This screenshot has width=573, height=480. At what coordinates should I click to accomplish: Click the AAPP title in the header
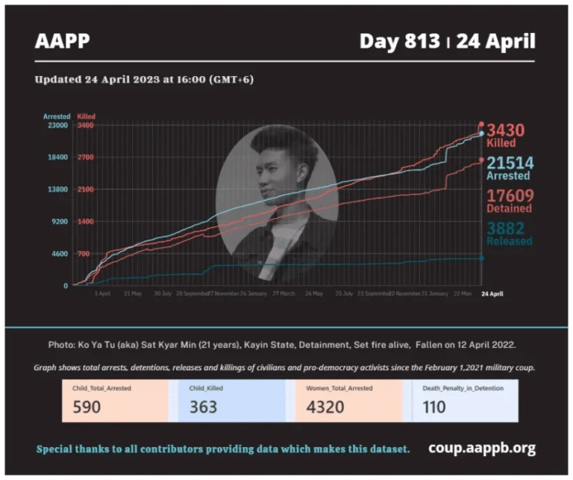(62, 41)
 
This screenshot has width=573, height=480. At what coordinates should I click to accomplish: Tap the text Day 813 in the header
(399, 41)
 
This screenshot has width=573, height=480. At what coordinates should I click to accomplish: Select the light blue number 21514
(510, 163)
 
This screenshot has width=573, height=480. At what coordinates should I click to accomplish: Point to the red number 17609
(510, 196)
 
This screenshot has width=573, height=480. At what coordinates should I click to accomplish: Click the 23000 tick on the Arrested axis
(58, 125)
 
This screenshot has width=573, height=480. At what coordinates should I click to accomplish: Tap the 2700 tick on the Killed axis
(85, 158)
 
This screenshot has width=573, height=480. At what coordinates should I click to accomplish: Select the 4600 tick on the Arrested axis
(60, 254)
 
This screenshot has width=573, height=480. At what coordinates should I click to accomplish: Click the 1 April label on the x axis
(102, 293)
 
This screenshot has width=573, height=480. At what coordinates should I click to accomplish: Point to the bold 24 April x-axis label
(492, 293)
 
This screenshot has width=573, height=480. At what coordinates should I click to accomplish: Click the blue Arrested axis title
(57, 116)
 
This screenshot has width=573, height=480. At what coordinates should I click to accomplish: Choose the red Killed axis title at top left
(86, 116)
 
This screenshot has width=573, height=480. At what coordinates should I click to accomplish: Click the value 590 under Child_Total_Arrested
(87, 407)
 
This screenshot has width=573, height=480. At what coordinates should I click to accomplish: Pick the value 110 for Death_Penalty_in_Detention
(434, 407)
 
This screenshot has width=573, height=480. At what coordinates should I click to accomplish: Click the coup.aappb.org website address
(481, 449)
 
